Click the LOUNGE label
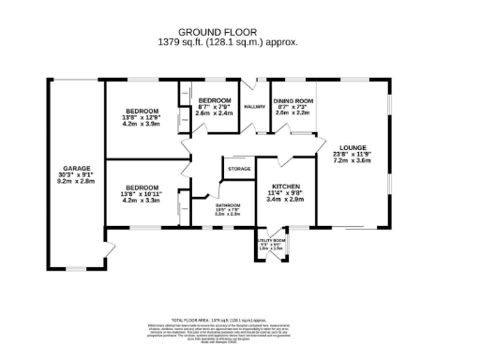pos(352,147)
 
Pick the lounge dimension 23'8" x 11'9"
pos(352,154)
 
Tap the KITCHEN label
pos(285,186)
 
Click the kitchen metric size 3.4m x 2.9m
pos(285,199)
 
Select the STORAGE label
pos(239,169)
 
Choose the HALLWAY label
pos(255,107)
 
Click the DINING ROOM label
pos(292,99)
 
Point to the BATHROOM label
pos(229,205)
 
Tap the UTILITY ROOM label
pos(271,241)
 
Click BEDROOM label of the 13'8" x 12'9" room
pos(142,110)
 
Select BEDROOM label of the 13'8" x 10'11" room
pos(142,187)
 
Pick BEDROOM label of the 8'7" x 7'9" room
pos(215,99)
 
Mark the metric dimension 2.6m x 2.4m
pos(215,112)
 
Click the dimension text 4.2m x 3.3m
pos(142,200)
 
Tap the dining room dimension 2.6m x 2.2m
pos(292,112)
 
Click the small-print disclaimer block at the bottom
pos(240,327)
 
